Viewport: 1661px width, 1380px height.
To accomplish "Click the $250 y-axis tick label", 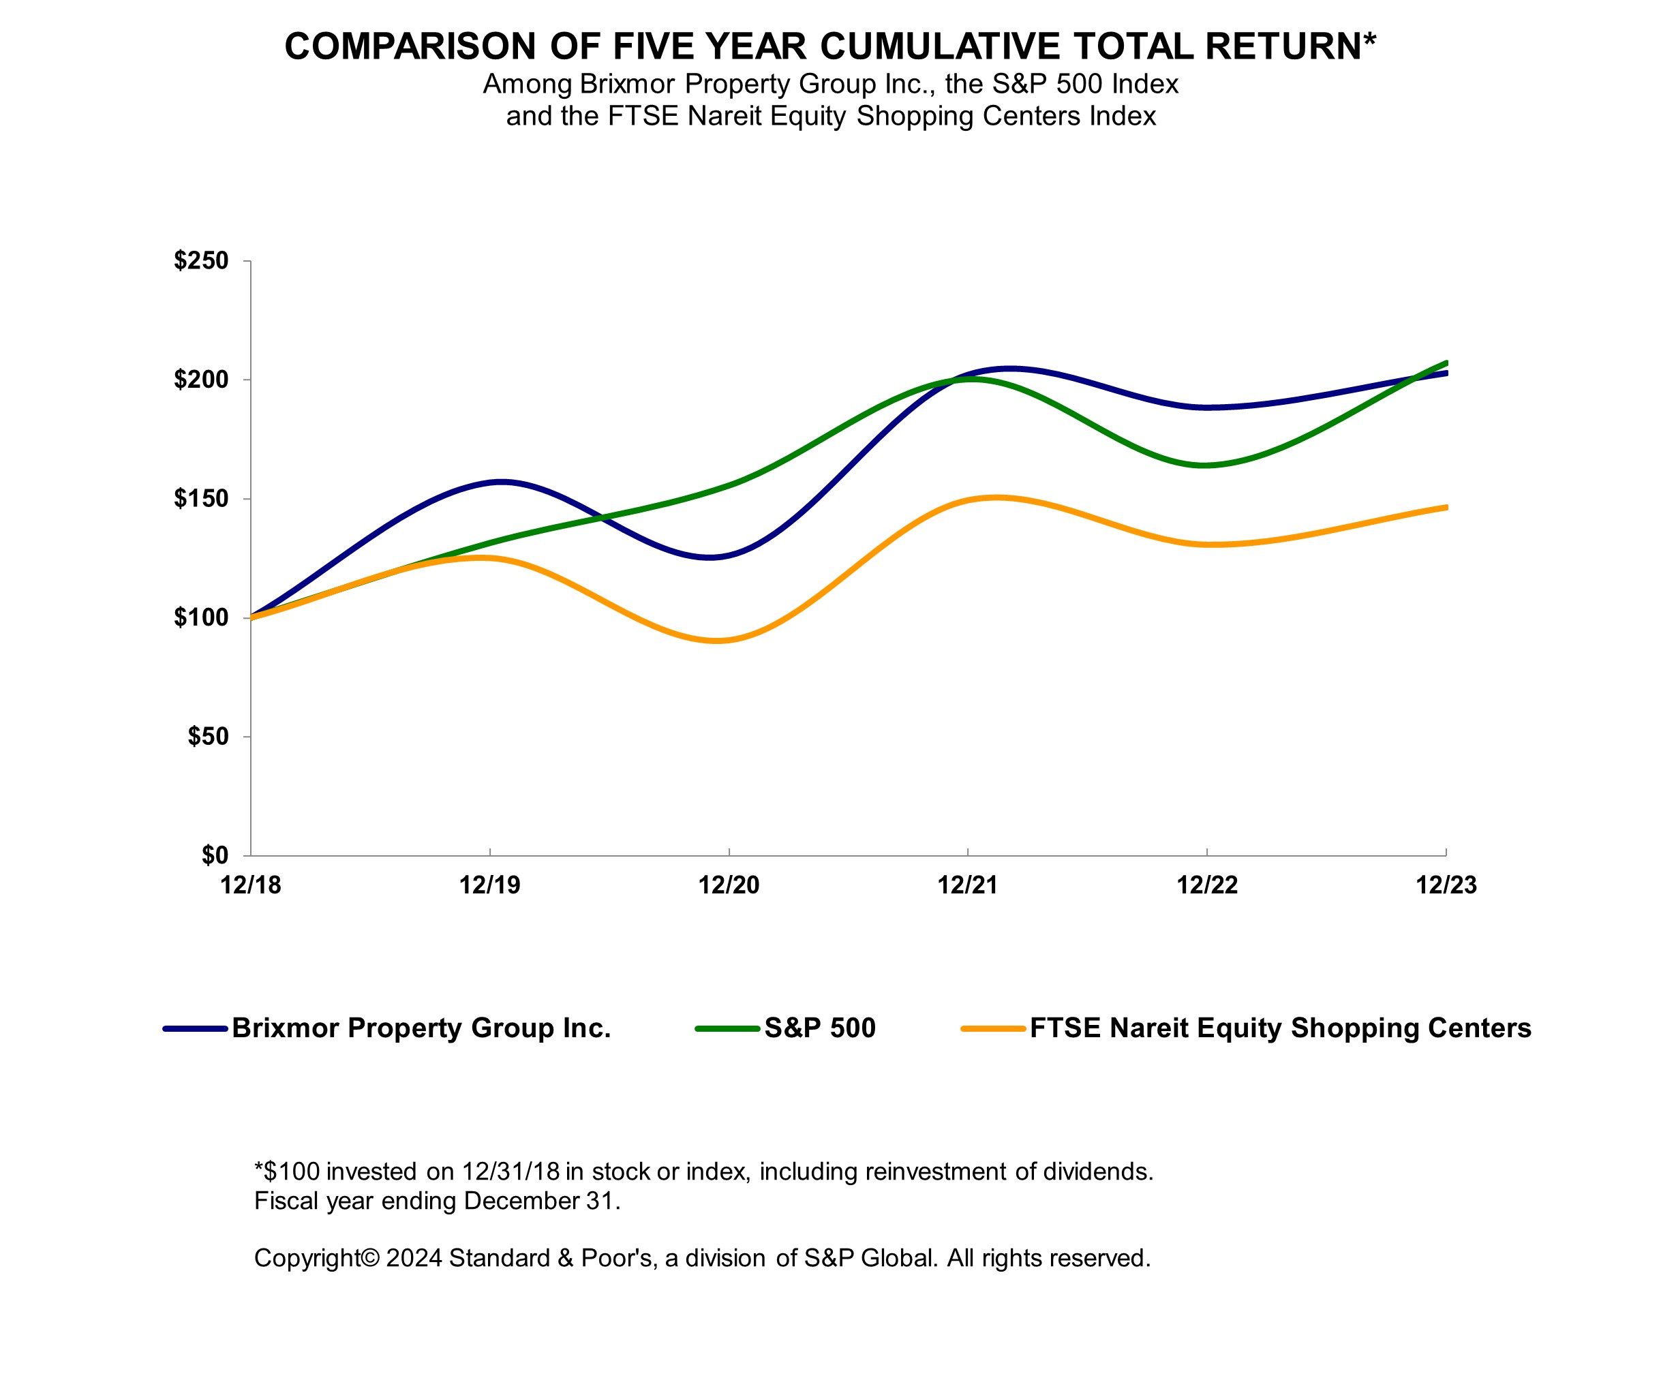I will (201, 261).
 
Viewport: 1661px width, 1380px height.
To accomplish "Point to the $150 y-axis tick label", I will (201, 499).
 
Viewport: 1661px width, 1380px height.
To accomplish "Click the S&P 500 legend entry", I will (819, 1028).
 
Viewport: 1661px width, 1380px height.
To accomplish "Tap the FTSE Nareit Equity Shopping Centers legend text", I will (1280, 1028).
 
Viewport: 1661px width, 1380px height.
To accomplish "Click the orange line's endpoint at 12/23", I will (1445, 508).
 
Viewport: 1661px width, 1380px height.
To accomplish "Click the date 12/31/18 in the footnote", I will (511, 1171).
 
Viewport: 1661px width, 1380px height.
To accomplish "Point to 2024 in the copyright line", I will (413, 1257).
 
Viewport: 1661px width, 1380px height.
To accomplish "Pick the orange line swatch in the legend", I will (992, 1029).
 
